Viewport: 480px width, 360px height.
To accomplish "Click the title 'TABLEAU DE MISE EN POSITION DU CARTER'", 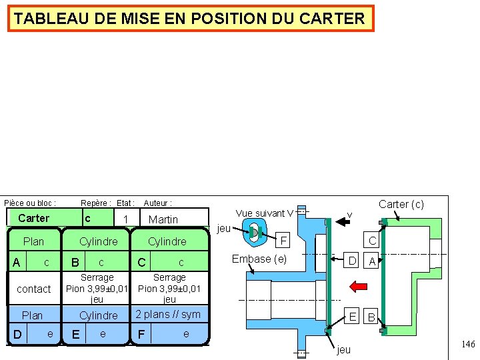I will click(190, 19).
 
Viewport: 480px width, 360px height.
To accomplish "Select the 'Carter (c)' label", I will click(401, 205).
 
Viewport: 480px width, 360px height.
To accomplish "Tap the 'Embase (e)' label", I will click(259, 259).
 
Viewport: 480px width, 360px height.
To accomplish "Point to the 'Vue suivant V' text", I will click(264, 213).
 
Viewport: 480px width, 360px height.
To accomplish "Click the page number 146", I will click(467, 345).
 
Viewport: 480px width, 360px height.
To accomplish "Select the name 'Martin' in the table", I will click(163, 219).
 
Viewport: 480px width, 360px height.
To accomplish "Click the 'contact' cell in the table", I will click(33, 289).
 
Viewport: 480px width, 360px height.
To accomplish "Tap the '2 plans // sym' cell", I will click(168, 314).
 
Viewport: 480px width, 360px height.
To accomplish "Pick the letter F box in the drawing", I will click(283, 240).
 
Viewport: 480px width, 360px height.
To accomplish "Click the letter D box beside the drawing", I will click(352, 261).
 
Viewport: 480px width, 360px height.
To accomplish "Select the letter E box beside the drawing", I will click(353, 316).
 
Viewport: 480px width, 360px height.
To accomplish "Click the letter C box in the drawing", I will click(373, 240).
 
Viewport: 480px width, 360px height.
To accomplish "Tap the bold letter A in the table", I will click(16, 263).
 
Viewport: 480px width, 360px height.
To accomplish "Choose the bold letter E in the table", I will click(75, 334).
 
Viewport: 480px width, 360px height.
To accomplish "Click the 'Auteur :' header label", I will click(158, 203).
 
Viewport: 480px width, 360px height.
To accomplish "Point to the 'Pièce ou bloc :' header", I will click(31, 203).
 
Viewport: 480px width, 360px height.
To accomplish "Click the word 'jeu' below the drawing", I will click(343, 349).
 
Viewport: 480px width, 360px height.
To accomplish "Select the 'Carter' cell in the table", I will click(33, 218).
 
